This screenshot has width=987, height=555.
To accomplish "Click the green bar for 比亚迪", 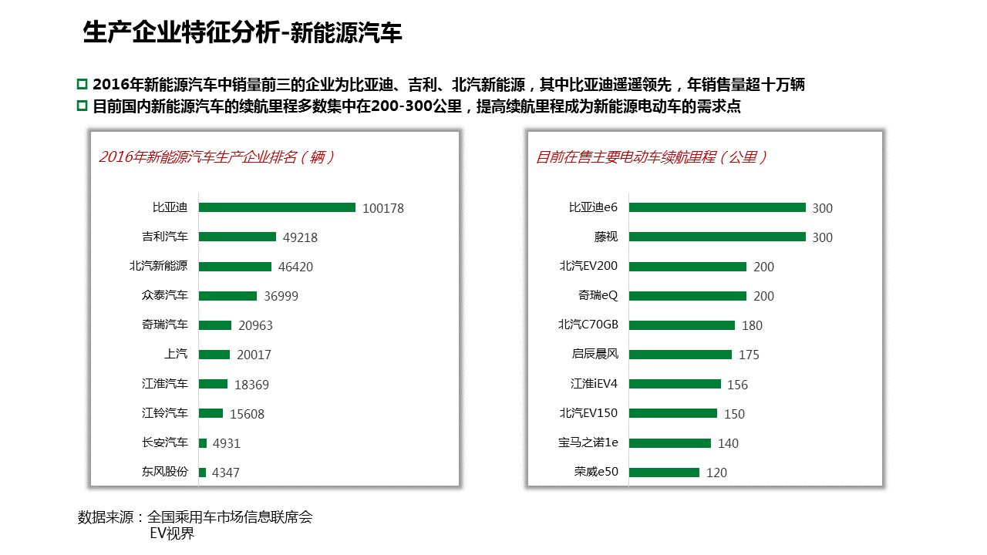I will coord(277,207).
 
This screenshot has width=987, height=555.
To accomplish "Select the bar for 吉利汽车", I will coord(237,237).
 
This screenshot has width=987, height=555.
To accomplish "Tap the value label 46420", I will coord(295,267).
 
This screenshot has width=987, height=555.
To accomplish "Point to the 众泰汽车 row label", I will coord(164,295).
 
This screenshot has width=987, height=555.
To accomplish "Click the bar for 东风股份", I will coord(202,472).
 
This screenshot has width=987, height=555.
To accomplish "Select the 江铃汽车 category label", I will coord(164,413).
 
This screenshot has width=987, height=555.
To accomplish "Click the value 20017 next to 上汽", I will coord(254,355).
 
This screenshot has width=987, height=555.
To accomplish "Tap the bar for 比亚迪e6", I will coord(717,207).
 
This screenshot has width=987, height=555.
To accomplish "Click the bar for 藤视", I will coord(717,237).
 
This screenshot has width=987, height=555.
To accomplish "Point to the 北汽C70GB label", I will coord(588,325).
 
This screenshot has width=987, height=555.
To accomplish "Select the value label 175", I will coord(749,355).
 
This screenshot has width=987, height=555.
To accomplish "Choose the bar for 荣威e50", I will coord(664,472).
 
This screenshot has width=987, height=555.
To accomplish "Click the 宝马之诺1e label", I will coord(588,442).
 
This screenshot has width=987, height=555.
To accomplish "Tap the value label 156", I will coord(737,385).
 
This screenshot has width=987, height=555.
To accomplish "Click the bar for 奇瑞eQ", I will coord(688,296).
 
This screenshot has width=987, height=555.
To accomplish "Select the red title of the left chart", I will coord(217,157).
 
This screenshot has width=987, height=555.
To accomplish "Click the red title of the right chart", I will coord(652,157).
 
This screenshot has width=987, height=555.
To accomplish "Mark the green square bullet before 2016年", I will coord(83,84).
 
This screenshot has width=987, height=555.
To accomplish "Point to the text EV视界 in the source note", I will coord(172,533).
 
